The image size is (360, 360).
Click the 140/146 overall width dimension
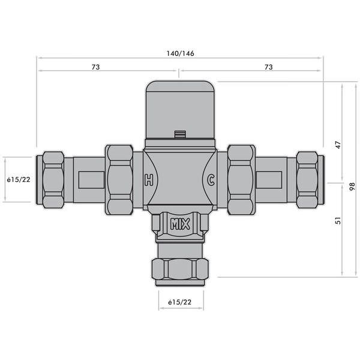click(180, 53)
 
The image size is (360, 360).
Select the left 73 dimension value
click(95, 67)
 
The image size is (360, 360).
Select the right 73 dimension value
click(268, 67)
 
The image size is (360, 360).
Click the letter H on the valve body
click(148, 179)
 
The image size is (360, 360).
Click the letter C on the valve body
click(211, 179)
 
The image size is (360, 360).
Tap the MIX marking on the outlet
click(180, 226)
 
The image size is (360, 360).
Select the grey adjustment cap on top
click(180, 105)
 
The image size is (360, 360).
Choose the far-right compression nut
click(307, 179)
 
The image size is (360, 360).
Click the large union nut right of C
click(241, 179)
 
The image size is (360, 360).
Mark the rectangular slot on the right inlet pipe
click(271, 179)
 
